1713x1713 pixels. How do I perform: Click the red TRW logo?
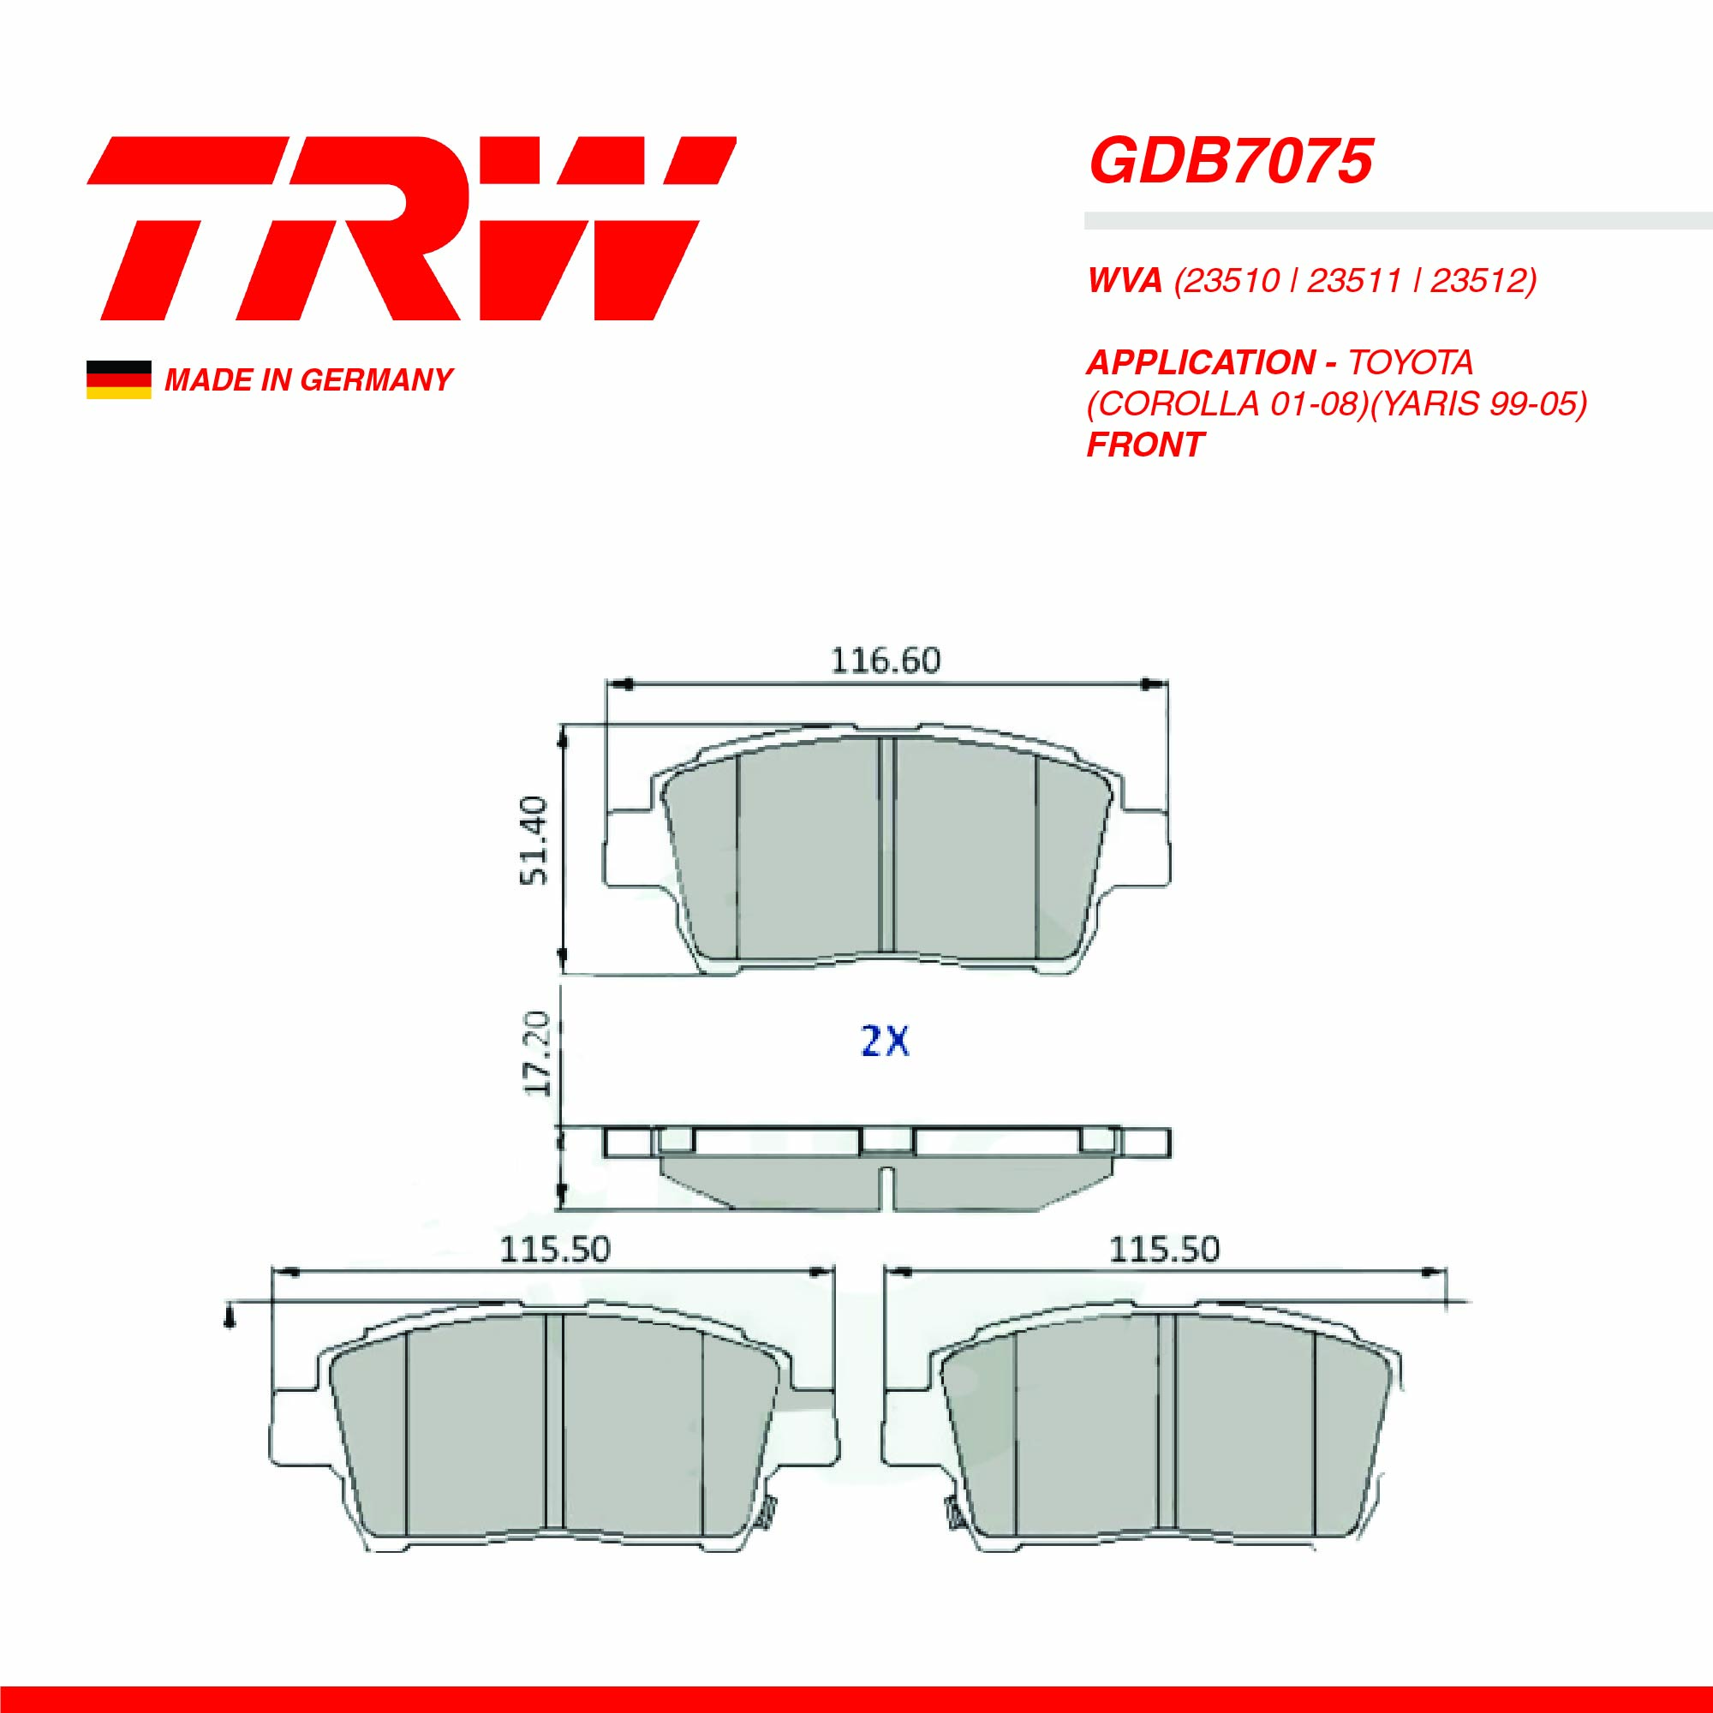point(410,228)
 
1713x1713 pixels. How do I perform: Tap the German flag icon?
point(118,379)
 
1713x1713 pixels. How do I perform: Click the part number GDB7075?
point(1230,161)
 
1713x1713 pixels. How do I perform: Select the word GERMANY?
point(376,380)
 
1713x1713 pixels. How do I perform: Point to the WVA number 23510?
point(1227,281)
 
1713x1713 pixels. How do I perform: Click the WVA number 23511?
point(1354,281)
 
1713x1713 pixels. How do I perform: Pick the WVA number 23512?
point(1478,281)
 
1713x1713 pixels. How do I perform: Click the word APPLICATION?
point(1201,362)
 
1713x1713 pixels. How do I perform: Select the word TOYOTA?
point(1410,362)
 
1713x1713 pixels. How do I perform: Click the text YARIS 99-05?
point(1479,403)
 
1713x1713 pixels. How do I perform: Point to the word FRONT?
point(1144,445)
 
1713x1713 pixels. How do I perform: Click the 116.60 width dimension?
point(885,660)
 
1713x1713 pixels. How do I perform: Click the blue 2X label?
point(885,1040)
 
